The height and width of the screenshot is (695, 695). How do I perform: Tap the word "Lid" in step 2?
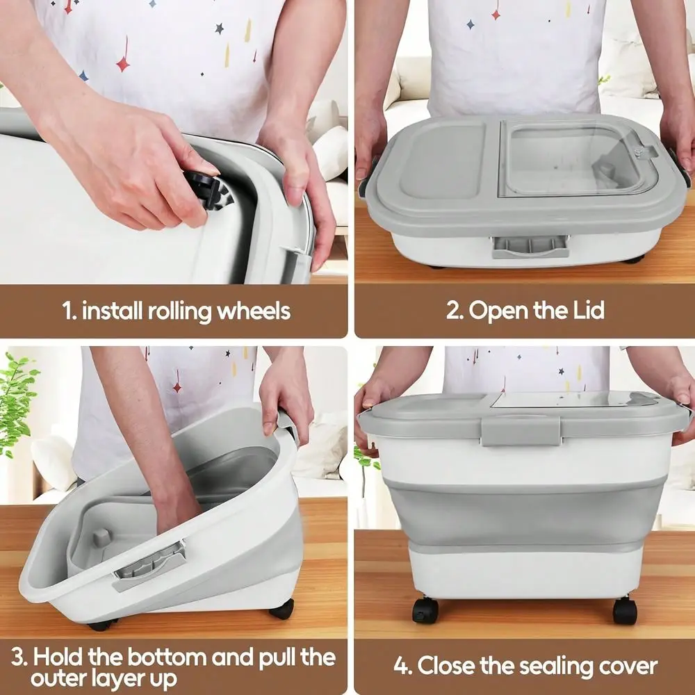589,309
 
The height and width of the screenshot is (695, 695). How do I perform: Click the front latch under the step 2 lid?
530,247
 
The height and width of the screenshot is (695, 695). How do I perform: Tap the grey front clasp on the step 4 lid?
521,430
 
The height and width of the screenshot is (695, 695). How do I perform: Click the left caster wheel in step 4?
425,610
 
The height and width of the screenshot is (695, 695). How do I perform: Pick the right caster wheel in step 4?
625,610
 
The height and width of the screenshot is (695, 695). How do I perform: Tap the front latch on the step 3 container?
149,566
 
